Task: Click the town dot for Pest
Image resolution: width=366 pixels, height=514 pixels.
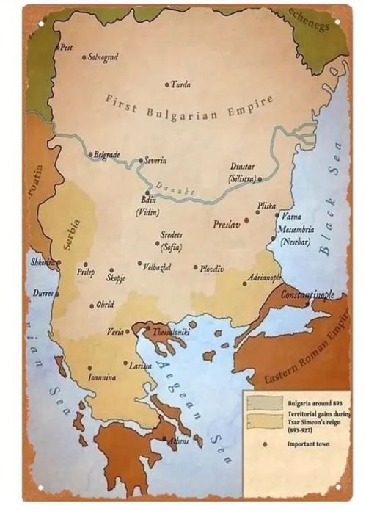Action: [x=57, y=48]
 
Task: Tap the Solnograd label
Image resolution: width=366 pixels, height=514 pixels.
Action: [x=103, y=57]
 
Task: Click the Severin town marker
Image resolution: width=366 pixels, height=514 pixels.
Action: [x=141, y=160]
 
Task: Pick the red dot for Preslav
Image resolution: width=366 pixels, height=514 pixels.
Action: [x=246, y=220]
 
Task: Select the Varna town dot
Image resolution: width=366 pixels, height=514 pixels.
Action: [x=277, y=216]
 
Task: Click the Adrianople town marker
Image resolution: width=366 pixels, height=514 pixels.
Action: [x=245, y=283]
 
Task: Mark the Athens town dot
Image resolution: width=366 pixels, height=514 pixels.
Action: [x=164, y=438]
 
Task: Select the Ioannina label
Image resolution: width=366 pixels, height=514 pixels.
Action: [x=102, y=377]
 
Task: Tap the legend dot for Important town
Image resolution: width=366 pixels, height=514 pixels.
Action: [x=264, y=444]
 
